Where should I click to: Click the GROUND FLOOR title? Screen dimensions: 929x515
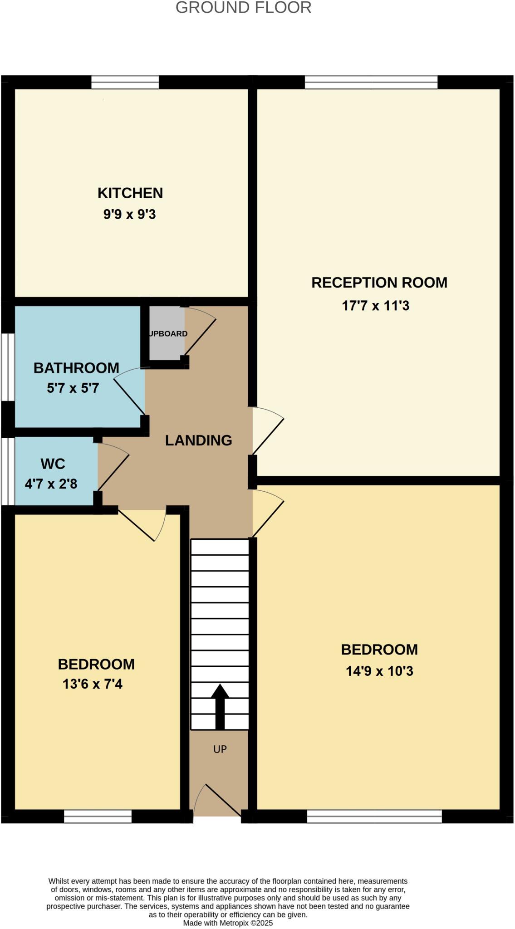(243, 8)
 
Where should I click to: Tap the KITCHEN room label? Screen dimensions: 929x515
(130, 193)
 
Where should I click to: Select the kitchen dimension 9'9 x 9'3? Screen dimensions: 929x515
(130, 214)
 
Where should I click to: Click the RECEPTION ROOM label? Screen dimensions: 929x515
(379, 283)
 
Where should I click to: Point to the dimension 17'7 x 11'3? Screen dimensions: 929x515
(375, 306)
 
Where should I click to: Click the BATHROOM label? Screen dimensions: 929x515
(76, 368)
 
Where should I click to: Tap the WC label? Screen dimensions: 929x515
(53, 464)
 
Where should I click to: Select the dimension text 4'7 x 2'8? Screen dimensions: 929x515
(51, 484)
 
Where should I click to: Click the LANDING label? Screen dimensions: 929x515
(198, 440)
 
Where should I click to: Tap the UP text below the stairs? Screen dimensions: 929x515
(220, 749)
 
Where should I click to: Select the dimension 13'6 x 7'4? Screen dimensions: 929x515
(93, 684)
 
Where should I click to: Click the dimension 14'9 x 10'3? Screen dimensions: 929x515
(379, 671)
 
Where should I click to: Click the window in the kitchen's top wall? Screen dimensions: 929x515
(125, 82)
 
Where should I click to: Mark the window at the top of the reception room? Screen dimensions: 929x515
(371, 82)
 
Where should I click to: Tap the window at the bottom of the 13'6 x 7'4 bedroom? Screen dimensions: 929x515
(98, 817)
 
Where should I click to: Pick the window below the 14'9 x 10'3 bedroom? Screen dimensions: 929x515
(374, 817)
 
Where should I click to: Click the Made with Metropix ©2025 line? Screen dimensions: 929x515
(228, 923)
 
